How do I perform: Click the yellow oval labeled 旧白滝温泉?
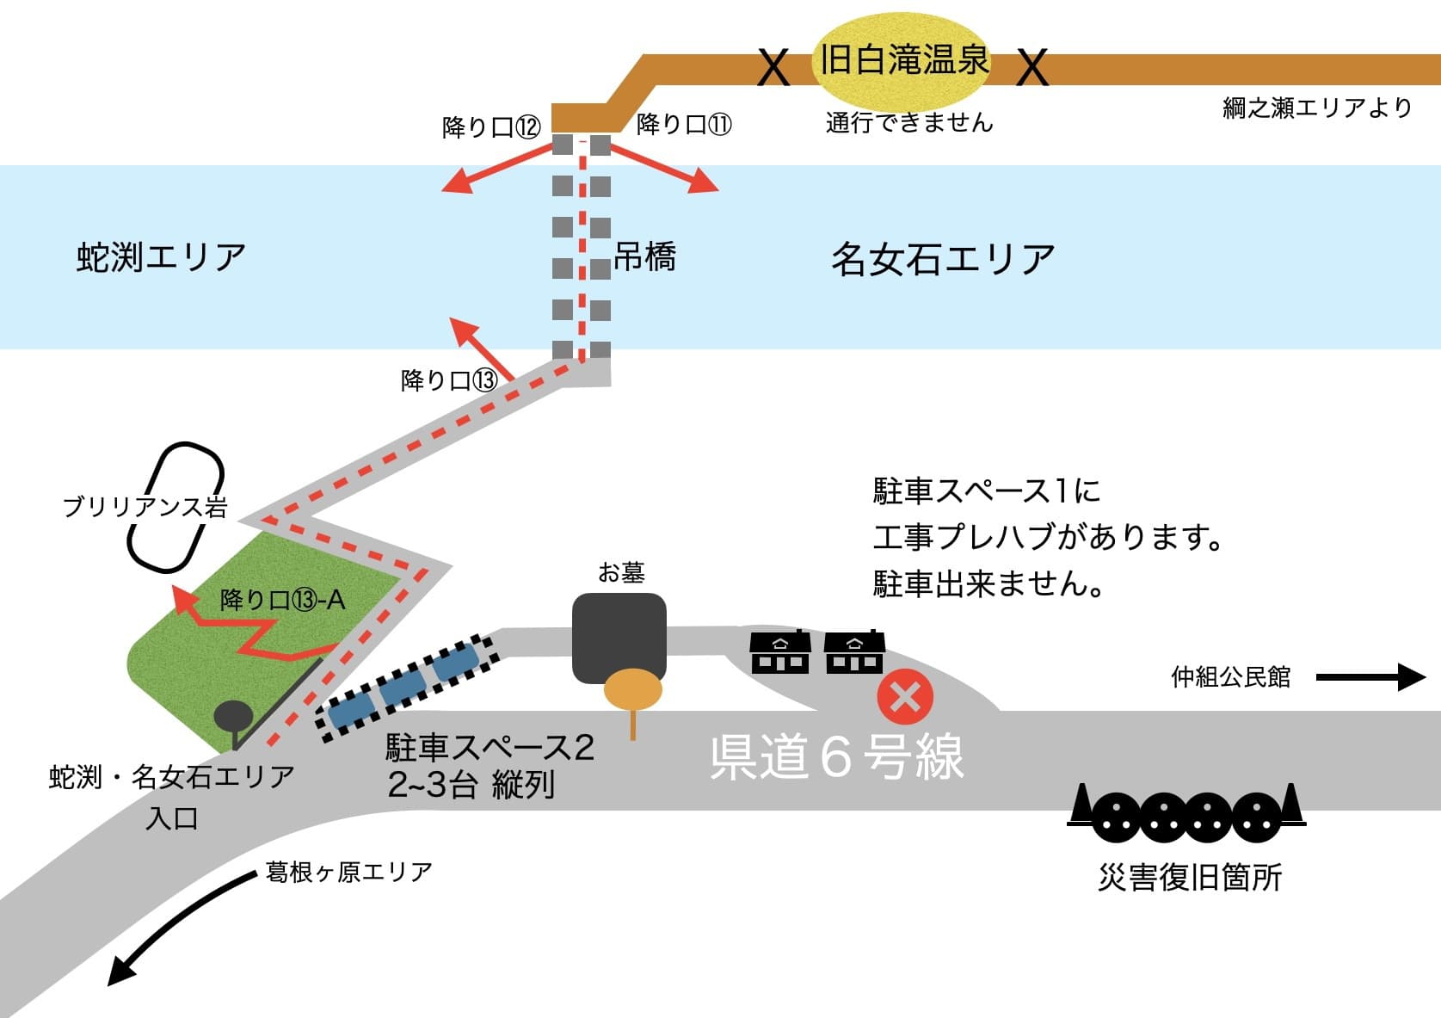902,60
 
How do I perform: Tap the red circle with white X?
905,697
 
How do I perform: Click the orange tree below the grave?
633,690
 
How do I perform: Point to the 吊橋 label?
644,256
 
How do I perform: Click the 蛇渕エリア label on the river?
161,256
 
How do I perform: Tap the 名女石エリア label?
943,259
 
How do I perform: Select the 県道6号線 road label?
836,757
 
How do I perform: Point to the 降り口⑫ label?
491,127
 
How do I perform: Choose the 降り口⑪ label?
684,125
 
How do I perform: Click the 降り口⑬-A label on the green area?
282,599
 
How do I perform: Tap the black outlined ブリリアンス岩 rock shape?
176,508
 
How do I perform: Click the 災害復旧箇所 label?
1190,877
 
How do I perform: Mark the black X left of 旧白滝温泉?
773,67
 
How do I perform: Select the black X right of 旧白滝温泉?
1032,67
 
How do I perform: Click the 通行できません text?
909,123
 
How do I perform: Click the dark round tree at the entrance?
233,716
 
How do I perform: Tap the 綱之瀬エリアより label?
1317,108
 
